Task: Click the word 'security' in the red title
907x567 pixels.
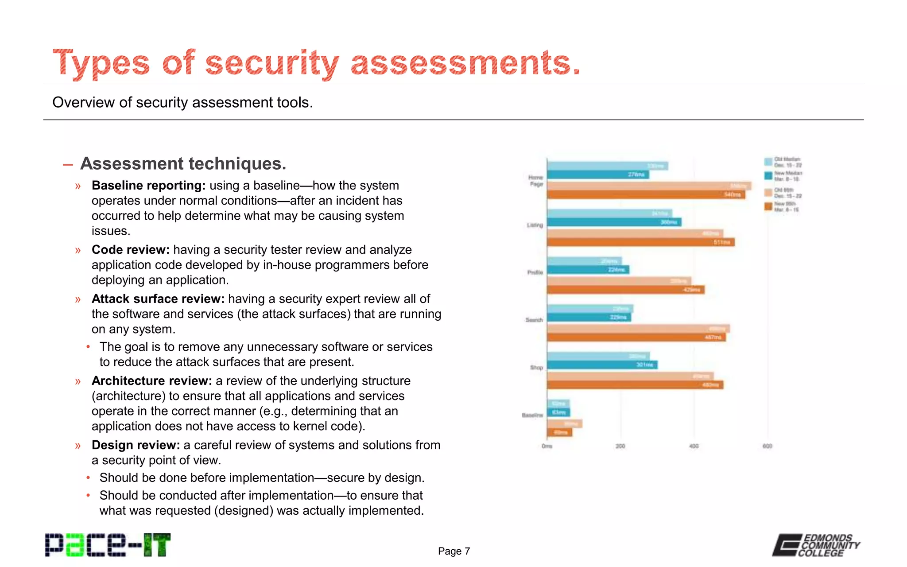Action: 272,63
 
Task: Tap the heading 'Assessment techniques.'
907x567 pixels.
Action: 183,163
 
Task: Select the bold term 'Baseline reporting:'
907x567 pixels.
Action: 148,185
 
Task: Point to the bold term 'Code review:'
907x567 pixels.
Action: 130,249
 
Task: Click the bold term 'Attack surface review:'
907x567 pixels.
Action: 158,299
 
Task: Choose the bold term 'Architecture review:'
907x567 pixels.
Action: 151,381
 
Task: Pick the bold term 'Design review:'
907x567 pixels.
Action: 136,445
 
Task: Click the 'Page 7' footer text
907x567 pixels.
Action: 453,551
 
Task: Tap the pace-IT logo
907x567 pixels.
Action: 108,545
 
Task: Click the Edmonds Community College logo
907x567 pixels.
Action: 816,545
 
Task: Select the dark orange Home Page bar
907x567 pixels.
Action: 646,194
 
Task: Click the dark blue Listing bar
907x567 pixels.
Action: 614,222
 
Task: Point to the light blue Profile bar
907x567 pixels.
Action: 584,261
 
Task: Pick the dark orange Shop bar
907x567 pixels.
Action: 635,385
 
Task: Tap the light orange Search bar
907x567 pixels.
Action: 638,329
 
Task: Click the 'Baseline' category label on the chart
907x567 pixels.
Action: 532,415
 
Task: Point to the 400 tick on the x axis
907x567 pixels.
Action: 694,446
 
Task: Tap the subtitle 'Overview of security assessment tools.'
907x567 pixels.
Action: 182,102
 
